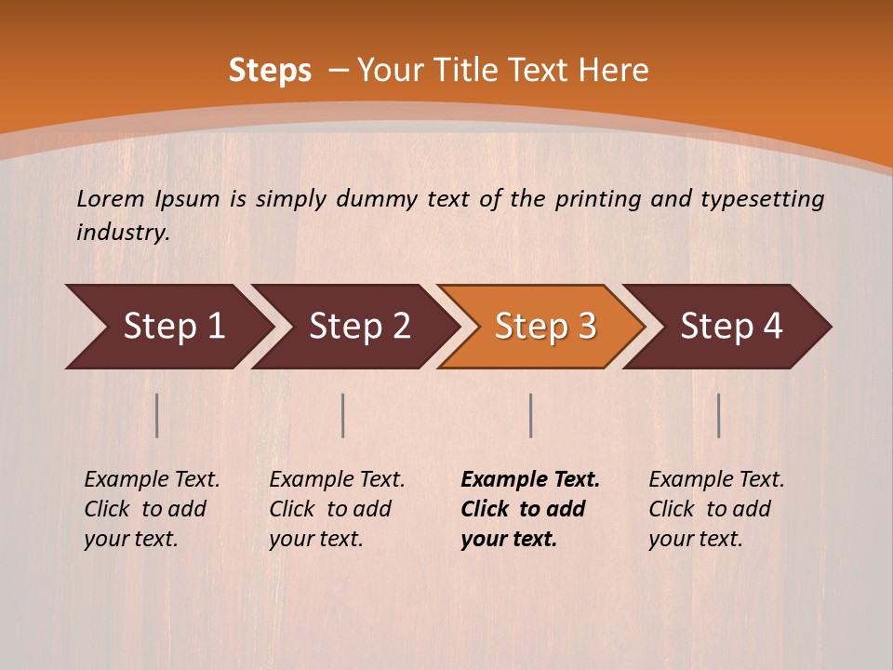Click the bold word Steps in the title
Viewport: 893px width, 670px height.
(270, 71)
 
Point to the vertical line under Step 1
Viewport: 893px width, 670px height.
(157, 415)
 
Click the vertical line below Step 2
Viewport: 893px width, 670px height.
(343, 415)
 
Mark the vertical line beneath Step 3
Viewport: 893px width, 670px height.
(531, 415)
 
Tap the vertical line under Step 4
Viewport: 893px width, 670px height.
(719, 415)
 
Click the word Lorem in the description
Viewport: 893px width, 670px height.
(111, 199)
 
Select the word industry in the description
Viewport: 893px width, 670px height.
(122, 233)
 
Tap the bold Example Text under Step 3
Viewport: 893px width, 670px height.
(530, 480)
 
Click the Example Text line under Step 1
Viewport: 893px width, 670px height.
(152, 480)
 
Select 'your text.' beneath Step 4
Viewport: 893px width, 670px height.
(695, 539)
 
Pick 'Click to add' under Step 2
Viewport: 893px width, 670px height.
(330, 510)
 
